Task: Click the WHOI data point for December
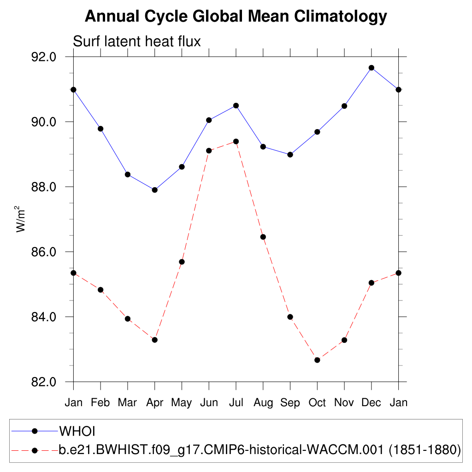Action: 371,68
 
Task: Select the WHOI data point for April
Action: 155,190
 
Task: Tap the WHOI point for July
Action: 236,106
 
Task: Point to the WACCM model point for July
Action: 236,142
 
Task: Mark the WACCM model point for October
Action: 317,360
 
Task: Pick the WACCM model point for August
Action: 263,237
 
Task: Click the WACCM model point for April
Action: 155,340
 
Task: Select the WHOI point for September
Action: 290,155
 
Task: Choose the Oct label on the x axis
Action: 317,403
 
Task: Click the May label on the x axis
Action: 182,403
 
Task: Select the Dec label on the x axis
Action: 371,403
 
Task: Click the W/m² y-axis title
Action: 21,219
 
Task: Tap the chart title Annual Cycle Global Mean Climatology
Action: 236,17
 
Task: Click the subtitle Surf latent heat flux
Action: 137,41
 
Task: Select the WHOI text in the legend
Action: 77,431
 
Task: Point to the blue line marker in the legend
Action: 34,431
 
